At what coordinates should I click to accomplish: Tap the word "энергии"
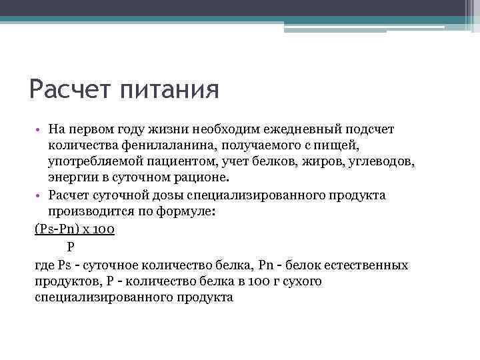coord(71,177)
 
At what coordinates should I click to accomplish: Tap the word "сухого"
coord(298,281)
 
